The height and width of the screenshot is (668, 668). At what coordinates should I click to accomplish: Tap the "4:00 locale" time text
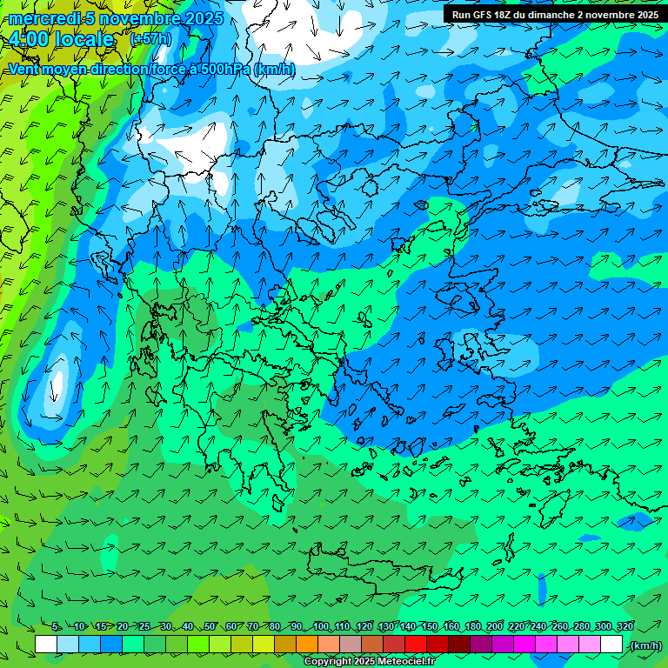(61, 39)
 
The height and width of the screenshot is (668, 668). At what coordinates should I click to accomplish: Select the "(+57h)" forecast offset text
(150, 39)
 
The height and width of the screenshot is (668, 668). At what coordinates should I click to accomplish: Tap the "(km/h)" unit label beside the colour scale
(645, 645)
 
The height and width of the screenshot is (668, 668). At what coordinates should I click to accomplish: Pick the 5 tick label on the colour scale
(56, 627)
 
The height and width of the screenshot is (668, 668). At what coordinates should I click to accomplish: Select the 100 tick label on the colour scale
(320, 627)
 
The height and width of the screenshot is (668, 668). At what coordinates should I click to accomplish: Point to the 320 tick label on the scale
(625, 627)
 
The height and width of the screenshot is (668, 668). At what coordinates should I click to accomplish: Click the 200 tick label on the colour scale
(494, 627)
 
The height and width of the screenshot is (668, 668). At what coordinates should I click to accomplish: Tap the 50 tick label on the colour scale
(210, 627)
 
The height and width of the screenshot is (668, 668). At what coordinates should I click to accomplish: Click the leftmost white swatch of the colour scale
(46, 645)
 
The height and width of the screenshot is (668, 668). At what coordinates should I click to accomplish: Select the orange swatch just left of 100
(307, 645)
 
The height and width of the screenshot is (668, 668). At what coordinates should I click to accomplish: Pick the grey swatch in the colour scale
(351, 645)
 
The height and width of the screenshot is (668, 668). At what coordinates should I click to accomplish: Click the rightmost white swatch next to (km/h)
(611, 645)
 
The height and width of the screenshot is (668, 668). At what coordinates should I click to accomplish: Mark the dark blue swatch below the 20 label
(111, 645)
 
